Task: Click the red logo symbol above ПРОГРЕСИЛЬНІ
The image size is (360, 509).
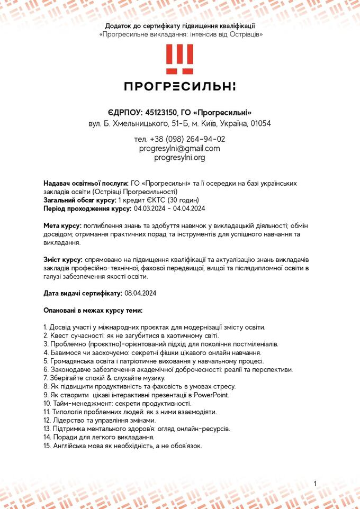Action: [x=179, y=59]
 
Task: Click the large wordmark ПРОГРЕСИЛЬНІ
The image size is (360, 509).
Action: [x=179, y=86]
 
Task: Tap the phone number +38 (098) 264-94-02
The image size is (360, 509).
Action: [x=187, y=139]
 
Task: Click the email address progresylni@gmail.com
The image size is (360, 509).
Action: [x=179, y=149]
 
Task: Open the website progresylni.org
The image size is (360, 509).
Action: [x=179, y=158]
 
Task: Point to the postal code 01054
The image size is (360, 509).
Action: [x=260, y=123]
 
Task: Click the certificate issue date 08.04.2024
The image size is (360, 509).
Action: [x=140, y=293]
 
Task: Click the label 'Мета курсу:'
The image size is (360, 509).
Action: [x=62, y=226]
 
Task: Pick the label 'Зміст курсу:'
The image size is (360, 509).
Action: [x=62, y=260]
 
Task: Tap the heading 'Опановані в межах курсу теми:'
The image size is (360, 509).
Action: [x=93, y=310]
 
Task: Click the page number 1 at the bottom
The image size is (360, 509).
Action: [x=315, y=484]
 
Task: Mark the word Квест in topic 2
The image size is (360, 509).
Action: [x=59, y=335]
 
